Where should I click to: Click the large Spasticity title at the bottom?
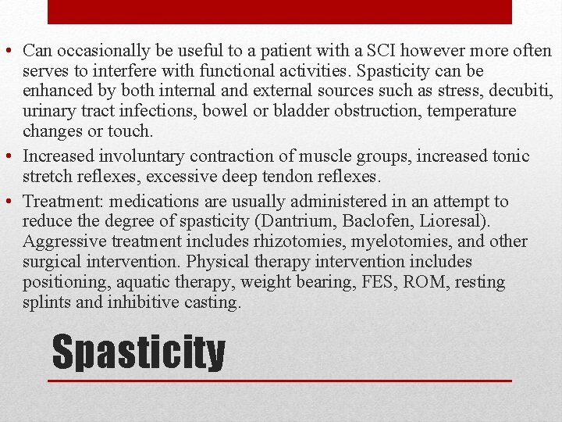click(x=138, y=353)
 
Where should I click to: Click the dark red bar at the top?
click(x=279, y=12)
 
